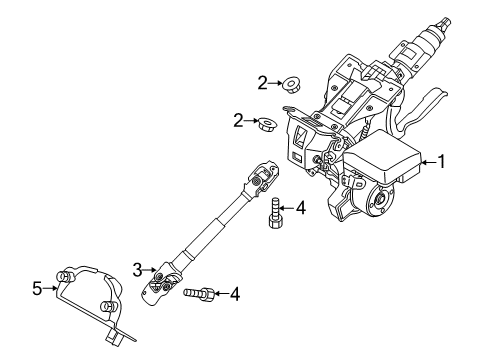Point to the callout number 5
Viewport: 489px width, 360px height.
(x=38, y=288)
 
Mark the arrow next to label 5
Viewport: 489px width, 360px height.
(x=52, y=288)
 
